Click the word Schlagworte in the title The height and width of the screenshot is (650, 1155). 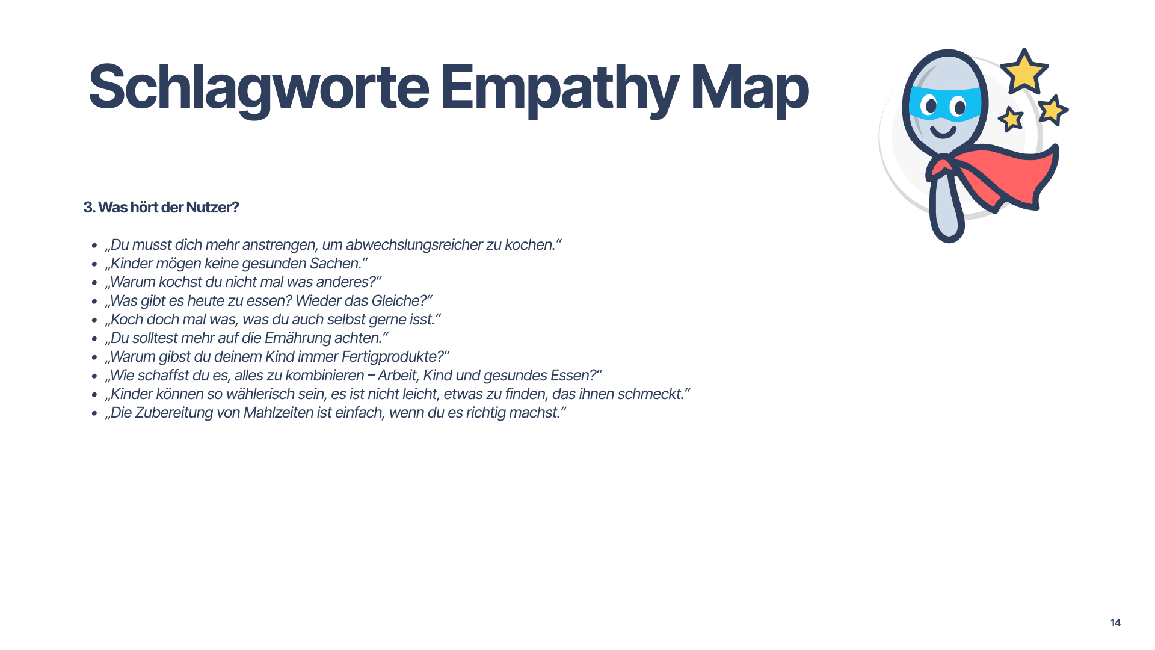point(259,88)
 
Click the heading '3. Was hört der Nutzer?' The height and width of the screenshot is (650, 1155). point(161,208)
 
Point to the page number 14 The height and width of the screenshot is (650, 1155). point(1115,622)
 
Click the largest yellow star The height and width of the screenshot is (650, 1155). point(1024,72)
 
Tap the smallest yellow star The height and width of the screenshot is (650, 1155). point(1011,119)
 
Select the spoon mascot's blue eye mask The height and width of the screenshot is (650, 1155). point(944,104)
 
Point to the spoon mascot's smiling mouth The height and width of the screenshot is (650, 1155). point(943,131)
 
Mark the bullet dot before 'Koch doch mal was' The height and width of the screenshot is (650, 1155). point(94,320)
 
